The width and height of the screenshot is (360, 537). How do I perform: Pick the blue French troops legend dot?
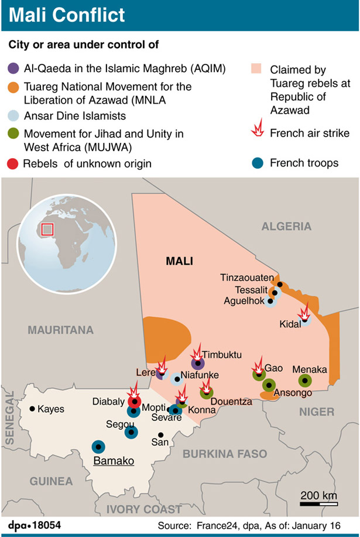(256, 162)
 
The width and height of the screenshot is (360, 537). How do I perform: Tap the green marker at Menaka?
(304, 381)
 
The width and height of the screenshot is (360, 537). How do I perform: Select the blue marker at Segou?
(132, 432)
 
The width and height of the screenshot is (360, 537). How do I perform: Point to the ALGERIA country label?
(286, 226)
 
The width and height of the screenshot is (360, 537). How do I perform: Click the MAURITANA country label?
(61, 330)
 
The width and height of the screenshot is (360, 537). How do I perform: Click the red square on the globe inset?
(47, 228)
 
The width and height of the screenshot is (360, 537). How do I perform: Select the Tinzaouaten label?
(245, 277)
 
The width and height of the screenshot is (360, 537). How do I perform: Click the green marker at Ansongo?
(269, 385)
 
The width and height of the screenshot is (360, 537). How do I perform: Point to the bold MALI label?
(179, 261)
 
